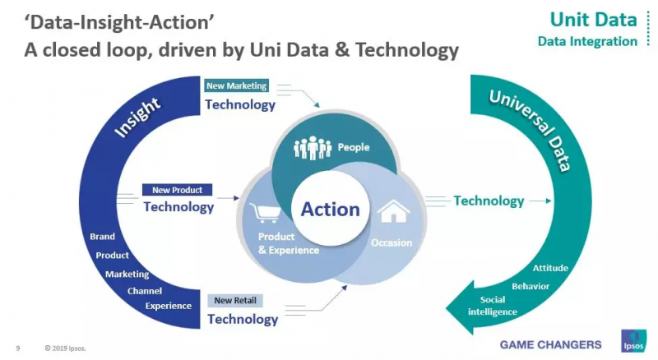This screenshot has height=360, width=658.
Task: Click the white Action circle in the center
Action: pyautogui.click(x=331, y=209)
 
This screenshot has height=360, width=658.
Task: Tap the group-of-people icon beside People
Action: pyautogui.click(x=313, y=148)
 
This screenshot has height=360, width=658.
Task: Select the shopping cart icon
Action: pyautogui.click(x=265, y=213)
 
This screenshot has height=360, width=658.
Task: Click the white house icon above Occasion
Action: pyautogui.click(x=393, y=210)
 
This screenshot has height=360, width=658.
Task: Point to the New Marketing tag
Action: pyautogui.click(x=237, y=85)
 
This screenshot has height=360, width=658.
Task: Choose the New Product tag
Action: pyautogui.click(x=177, y=190)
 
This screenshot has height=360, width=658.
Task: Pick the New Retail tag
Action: pyautogui.click(x=235, y=301)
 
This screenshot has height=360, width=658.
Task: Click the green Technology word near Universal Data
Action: pyautogui.click(x=489, y=201)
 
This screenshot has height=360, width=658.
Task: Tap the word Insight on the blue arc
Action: pyautogui.click(x=137, y=117)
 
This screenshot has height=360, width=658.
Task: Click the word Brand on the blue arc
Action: pyautogui.click(x=102, y=236)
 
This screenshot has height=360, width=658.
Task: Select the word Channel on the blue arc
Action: pyautogui.click(x=145, y=291)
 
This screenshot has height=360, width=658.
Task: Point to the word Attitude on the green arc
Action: pyautogui.click(x=550, y=268)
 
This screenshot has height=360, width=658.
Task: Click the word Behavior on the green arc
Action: pyautogui.click(x=531, y=286)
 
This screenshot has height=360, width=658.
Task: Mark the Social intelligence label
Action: pyautogui.click(x=493, y=306)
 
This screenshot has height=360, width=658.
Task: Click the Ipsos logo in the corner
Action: pyautogui.click(x=633, y=341)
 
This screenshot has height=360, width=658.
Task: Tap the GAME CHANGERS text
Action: pyautogui.click(x=550, y=344)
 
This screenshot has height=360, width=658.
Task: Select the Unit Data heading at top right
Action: pyautogui.click(x=593, y=20)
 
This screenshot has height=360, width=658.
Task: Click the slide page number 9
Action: pyautogui.click(x=17, y=348)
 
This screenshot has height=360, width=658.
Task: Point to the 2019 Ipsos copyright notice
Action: pyautogui.click(x=65, y=348)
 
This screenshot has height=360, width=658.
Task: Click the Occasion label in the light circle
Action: pyautogui.click(x=392, y=242)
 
